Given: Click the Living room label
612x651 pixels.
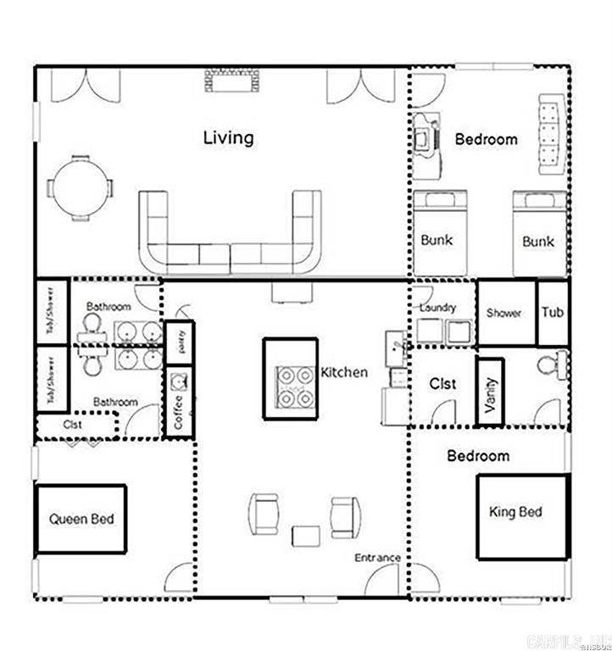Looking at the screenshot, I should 228,137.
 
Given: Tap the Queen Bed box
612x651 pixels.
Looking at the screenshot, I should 81,519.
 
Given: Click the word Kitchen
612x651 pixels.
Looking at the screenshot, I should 344,372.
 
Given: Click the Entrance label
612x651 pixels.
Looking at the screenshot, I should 377,558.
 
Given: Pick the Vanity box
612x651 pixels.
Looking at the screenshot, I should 491,392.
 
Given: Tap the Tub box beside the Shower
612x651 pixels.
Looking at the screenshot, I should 553,313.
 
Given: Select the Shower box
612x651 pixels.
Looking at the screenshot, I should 505,313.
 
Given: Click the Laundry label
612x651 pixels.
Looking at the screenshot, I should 438,308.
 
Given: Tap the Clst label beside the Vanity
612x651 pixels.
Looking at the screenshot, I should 442,384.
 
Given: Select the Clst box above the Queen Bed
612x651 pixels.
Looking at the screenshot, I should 75,425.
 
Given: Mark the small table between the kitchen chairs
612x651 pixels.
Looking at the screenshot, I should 306,535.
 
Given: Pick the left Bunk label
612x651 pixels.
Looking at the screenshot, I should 437,240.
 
